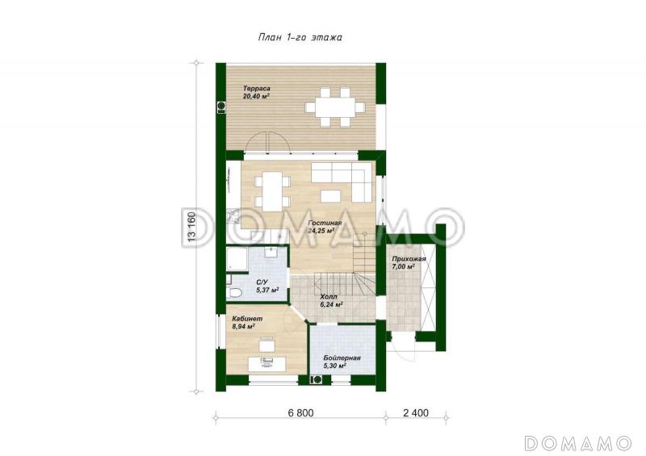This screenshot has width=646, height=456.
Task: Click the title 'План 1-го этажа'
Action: (x=300, y=37)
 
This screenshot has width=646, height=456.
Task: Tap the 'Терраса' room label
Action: (x=256, y=89)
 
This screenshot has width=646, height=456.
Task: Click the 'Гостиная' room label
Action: (x=325, y=223)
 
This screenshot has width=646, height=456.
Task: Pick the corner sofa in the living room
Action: (x=342, y=182)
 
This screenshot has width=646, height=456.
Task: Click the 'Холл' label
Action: (x=329, y=296)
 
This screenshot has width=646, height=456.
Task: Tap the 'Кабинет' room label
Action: (x=247, y=319)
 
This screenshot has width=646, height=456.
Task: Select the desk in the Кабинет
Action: (x=267, y=364)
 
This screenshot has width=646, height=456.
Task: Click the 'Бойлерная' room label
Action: (x=342, y=358)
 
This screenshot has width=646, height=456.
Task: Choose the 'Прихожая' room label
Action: (x=409, y=259)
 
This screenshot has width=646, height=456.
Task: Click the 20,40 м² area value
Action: (x=256, y=96)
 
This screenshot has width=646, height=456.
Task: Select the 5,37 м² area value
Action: (x=268, y=290)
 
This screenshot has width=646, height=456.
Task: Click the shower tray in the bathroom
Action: (x=236, y=259)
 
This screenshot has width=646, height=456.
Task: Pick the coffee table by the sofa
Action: (x=331, y=195)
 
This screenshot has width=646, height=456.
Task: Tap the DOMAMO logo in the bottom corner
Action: (x=577, y=443)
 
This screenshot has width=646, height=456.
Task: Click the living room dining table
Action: (x=272, y=190)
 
